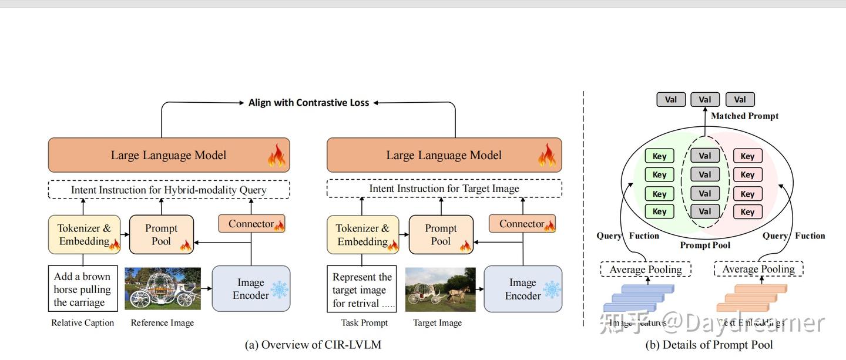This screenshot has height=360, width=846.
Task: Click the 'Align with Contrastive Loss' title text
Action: pos(308,103)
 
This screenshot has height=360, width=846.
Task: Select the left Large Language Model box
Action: pos(169,155)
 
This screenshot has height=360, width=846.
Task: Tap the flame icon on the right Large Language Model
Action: pos(546,156)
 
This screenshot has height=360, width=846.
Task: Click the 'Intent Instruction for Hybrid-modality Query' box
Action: pos(169,190)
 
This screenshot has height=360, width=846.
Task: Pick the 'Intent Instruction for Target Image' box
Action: pos(444,189)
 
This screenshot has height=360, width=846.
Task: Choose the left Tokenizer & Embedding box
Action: pos(84,234)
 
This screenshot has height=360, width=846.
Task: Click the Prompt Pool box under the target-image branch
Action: pos(441,234)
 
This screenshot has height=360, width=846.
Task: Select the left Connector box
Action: pos(251,224)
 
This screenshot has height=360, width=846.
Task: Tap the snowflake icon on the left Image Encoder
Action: pos(279,290)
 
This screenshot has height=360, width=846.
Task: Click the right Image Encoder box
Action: pos(522,289)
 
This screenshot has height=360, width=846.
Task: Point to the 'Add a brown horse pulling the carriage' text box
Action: pos(82,289)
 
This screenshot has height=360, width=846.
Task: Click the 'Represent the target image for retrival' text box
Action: pos(362,290)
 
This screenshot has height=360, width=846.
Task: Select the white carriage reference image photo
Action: pos(163,289)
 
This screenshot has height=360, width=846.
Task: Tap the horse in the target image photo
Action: pos(459,292)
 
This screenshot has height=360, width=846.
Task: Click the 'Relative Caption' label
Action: pos(82,322)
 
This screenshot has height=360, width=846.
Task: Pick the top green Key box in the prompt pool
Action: pos(659,156)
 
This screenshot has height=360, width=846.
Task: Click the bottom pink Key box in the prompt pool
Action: pos(747,211)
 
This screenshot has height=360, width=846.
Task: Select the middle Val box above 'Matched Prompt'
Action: pos(705,100)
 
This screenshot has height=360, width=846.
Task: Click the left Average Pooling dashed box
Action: pos(645,270)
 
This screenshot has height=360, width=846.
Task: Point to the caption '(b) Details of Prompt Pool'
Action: pos(709,345)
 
